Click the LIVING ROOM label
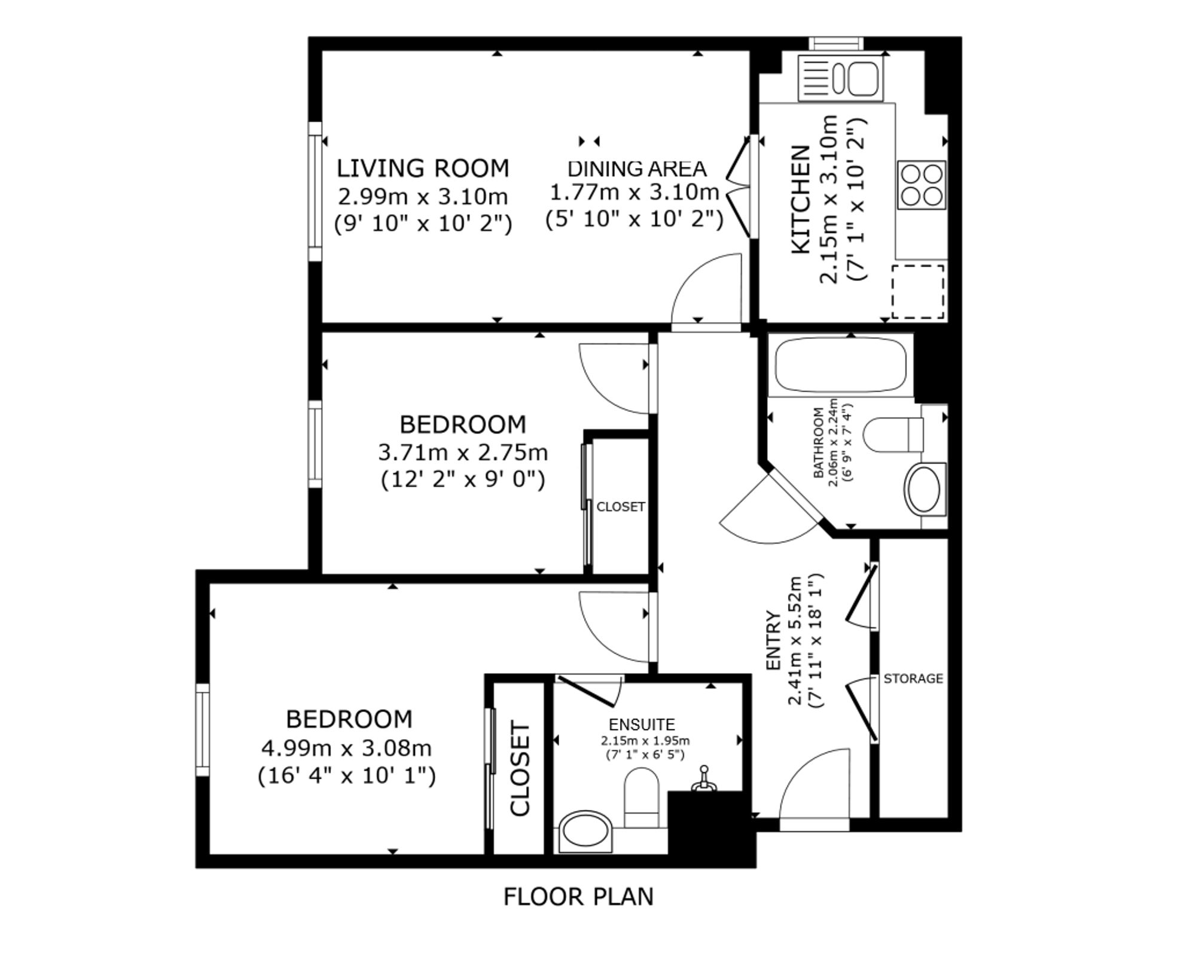(x=423, y=168)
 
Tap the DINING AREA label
(x=637, y=169)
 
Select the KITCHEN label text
(x=801, y=200)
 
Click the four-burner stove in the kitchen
(x=922, y=185)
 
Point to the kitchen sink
(x=841, y=78)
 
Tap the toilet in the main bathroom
(x=894, y=435)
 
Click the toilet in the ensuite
(x=642, y=798)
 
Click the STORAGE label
(x=913, y=679)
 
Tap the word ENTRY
(x=774, y=640)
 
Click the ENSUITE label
(x=642, y=725)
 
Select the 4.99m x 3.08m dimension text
(x=346, y=748)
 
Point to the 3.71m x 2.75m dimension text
(x=463, y=453)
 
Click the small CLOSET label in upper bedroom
(x=621, y=506)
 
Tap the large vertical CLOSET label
(x=520, y=769)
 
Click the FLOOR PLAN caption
(x=578, y=897)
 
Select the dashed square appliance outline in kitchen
(x=918, y=292)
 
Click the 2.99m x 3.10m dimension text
(x=423, y=196)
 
